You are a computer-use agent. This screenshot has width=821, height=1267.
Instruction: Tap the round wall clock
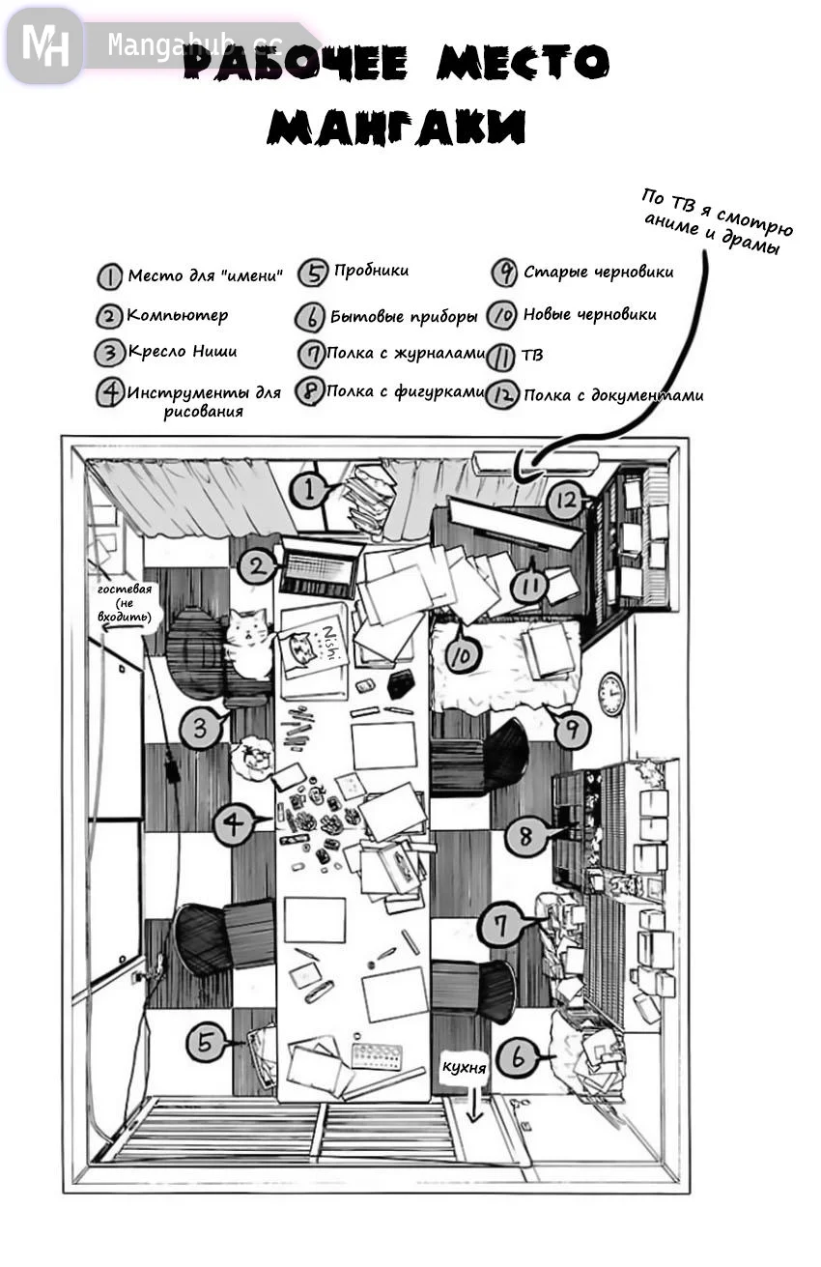(x=610, y=694)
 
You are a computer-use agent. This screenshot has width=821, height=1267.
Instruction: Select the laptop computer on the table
(x=319, y=568)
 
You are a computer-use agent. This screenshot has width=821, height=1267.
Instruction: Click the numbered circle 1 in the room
(x=309, y=491)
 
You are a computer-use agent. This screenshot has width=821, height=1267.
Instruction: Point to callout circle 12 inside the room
(x=566, y=501)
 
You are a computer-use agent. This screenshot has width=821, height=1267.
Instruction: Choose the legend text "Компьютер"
(x=178, y=316)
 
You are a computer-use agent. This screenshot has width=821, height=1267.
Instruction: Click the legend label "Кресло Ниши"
(x=182, y=353)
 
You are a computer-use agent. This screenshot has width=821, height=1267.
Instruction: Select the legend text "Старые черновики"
(x=598, y=273)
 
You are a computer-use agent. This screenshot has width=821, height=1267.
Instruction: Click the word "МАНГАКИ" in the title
(x=397, y=127)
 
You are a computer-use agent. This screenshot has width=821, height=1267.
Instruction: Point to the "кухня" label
(x=464, y=1067)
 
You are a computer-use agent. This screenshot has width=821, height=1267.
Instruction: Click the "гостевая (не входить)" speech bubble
(x=126, y=605)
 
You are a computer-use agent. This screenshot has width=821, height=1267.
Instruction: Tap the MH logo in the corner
(x=44, y=44)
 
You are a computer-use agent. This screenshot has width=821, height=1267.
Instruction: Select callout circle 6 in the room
(x=519, y=1059)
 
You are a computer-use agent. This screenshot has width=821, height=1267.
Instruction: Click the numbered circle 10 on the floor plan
(x=463, y=654)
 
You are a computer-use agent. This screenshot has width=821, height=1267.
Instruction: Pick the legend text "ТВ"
(x=531, y=355)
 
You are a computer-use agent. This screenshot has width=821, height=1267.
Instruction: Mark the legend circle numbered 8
(x=309, y=392)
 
